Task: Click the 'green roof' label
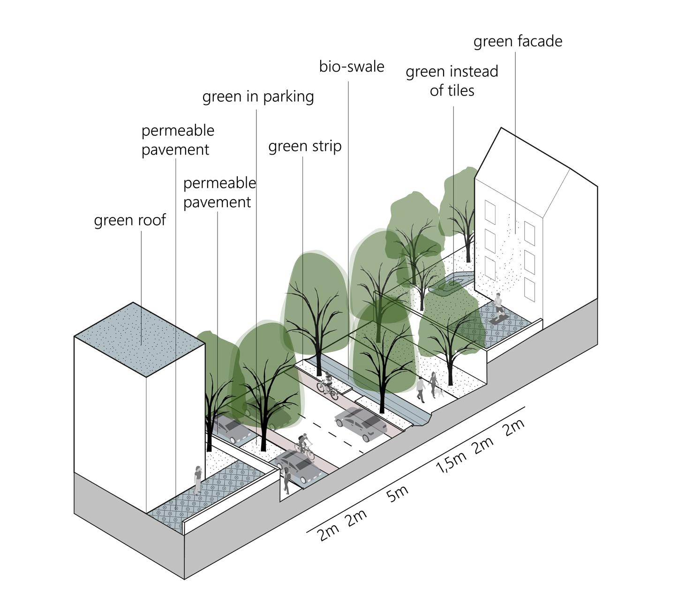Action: pyautogui.click(x=130, y=220)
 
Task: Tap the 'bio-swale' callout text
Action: pyautogui.click(x=352, y=67)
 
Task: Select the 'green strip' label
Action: pyautogui.click(x=305, y=147)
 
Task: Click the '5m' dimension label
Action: pyautogui.click(x=398, y=493)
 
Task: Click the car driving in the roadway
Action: pyautogui.click(x=361, y=423)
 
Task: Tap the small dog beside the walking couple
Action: pyautogui.click(x=440, y=392)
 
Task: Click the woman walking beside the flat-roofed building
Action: pyautogui.click(x=198, y=479)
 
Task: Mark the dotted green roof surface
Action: pyautogui.click(x=139, y=338)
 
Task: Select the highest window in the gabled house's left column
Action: pyautogui.click(x=490, y=212)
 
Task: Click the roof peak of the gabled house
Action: pyautogui.click(x=501, y=128)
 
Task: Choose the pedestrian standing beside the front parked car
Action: pyautogui.click(x=286, y=480)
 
